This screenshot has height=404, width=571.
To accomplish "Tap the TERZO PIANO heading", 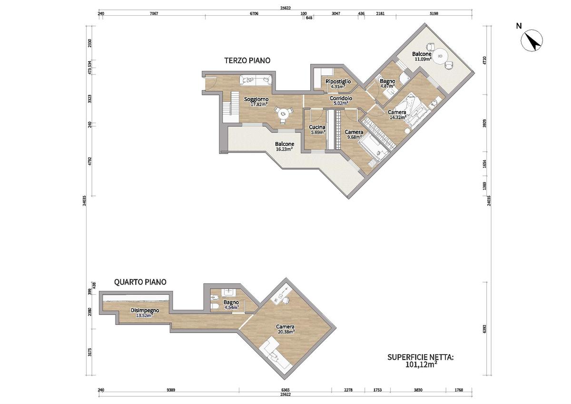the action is (x=247, y=60).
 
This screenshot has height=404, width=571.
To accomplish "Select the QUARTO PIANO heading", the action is (x=140, y=282).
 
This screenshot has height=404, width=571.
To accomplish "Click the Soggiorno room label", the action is (x=256, y=99).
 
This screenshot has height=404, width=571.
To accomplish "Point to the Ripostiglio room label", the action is (x=338, y=81).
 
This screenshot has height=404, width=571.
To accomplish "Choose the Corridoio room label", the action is (x=341, y=98).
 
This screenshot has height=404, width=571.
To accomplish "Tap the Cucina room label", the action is (x=317, y=127).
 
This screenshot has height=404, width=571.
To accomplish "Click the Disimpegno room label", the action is (x=145, y=310).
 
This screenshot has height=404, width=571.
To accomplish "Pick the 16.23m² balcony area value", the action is (x=284, y=149).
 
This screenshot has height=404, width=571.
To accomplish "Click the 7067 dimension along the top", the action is (x=154, y=13).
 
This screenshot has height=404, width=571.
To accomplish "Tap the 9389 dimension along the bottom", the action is (x=171, y=390).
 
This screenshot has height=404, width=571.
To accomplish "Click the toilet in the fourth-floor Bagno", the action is (x=215, y=307).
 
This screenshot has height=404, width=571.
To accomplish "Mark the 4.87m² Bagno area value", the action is (x=387, y=86).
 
